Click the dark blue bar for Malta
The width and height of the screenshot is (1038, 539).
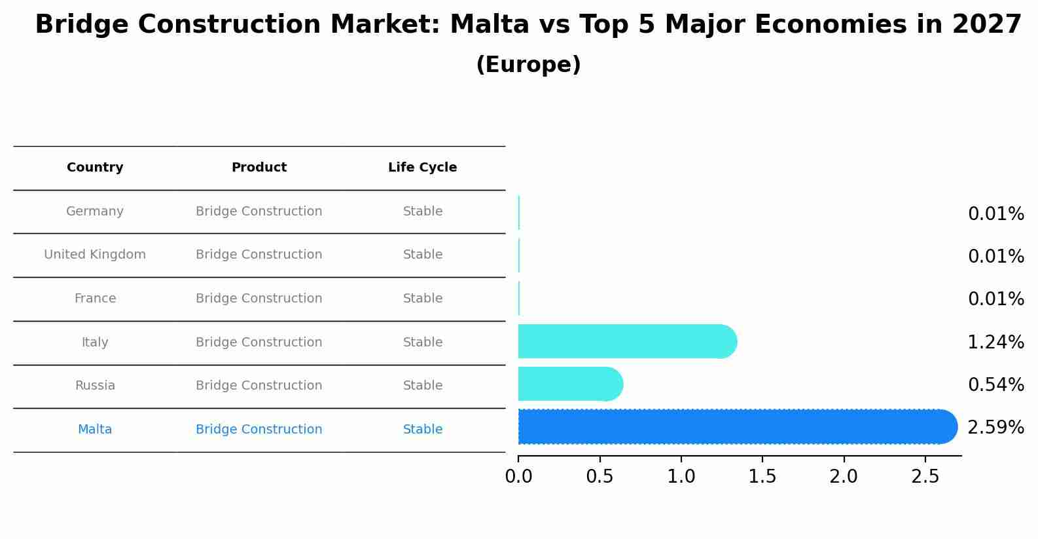click(x=733, y=427)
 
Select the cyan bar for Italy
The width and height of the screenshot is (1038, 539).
click(x=625, y=341)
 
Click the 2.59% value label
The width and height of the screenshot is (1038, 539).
click(x=995, y=428)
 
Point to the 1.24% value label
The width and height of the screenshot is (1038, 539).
click(x=995, y=342)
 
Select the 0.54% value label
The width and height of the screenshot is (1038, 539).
click(x=995, y=384)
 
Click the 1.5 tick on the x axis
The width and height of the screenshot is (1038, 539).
click(x=762, y=476)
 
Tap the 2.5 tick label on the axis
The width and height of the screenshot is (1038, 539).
click(x=925, y=476)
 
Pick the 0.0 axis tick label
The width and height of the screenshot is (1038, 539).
click(x=518, y=476)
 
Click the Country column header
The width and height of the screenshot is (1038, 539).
click(x=95, y=168)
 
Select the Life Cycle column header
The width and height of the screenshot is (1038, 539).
click(x=422, y=168)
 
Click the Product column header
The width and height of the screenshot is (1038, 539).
click(x=259, y=168)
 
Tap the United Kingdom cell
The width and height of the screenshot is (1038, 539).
click(x=95, y=255)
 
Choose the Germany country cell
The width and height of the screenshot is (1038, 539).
click(x=95, y=212)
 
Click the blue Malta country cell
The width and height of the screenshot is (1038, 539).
click(x=95, y=430)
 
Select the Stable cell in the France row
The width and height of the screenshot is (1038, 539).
click(x=422, y=299)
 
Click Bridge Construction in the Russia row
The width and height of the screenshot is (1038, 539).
click(x=259, y=386)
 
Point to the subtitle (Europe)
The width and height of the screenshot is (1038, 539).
click(x=528, y=65)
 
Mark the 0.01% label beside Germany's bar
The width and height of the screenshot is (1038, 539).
click(x=995, y=214)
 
